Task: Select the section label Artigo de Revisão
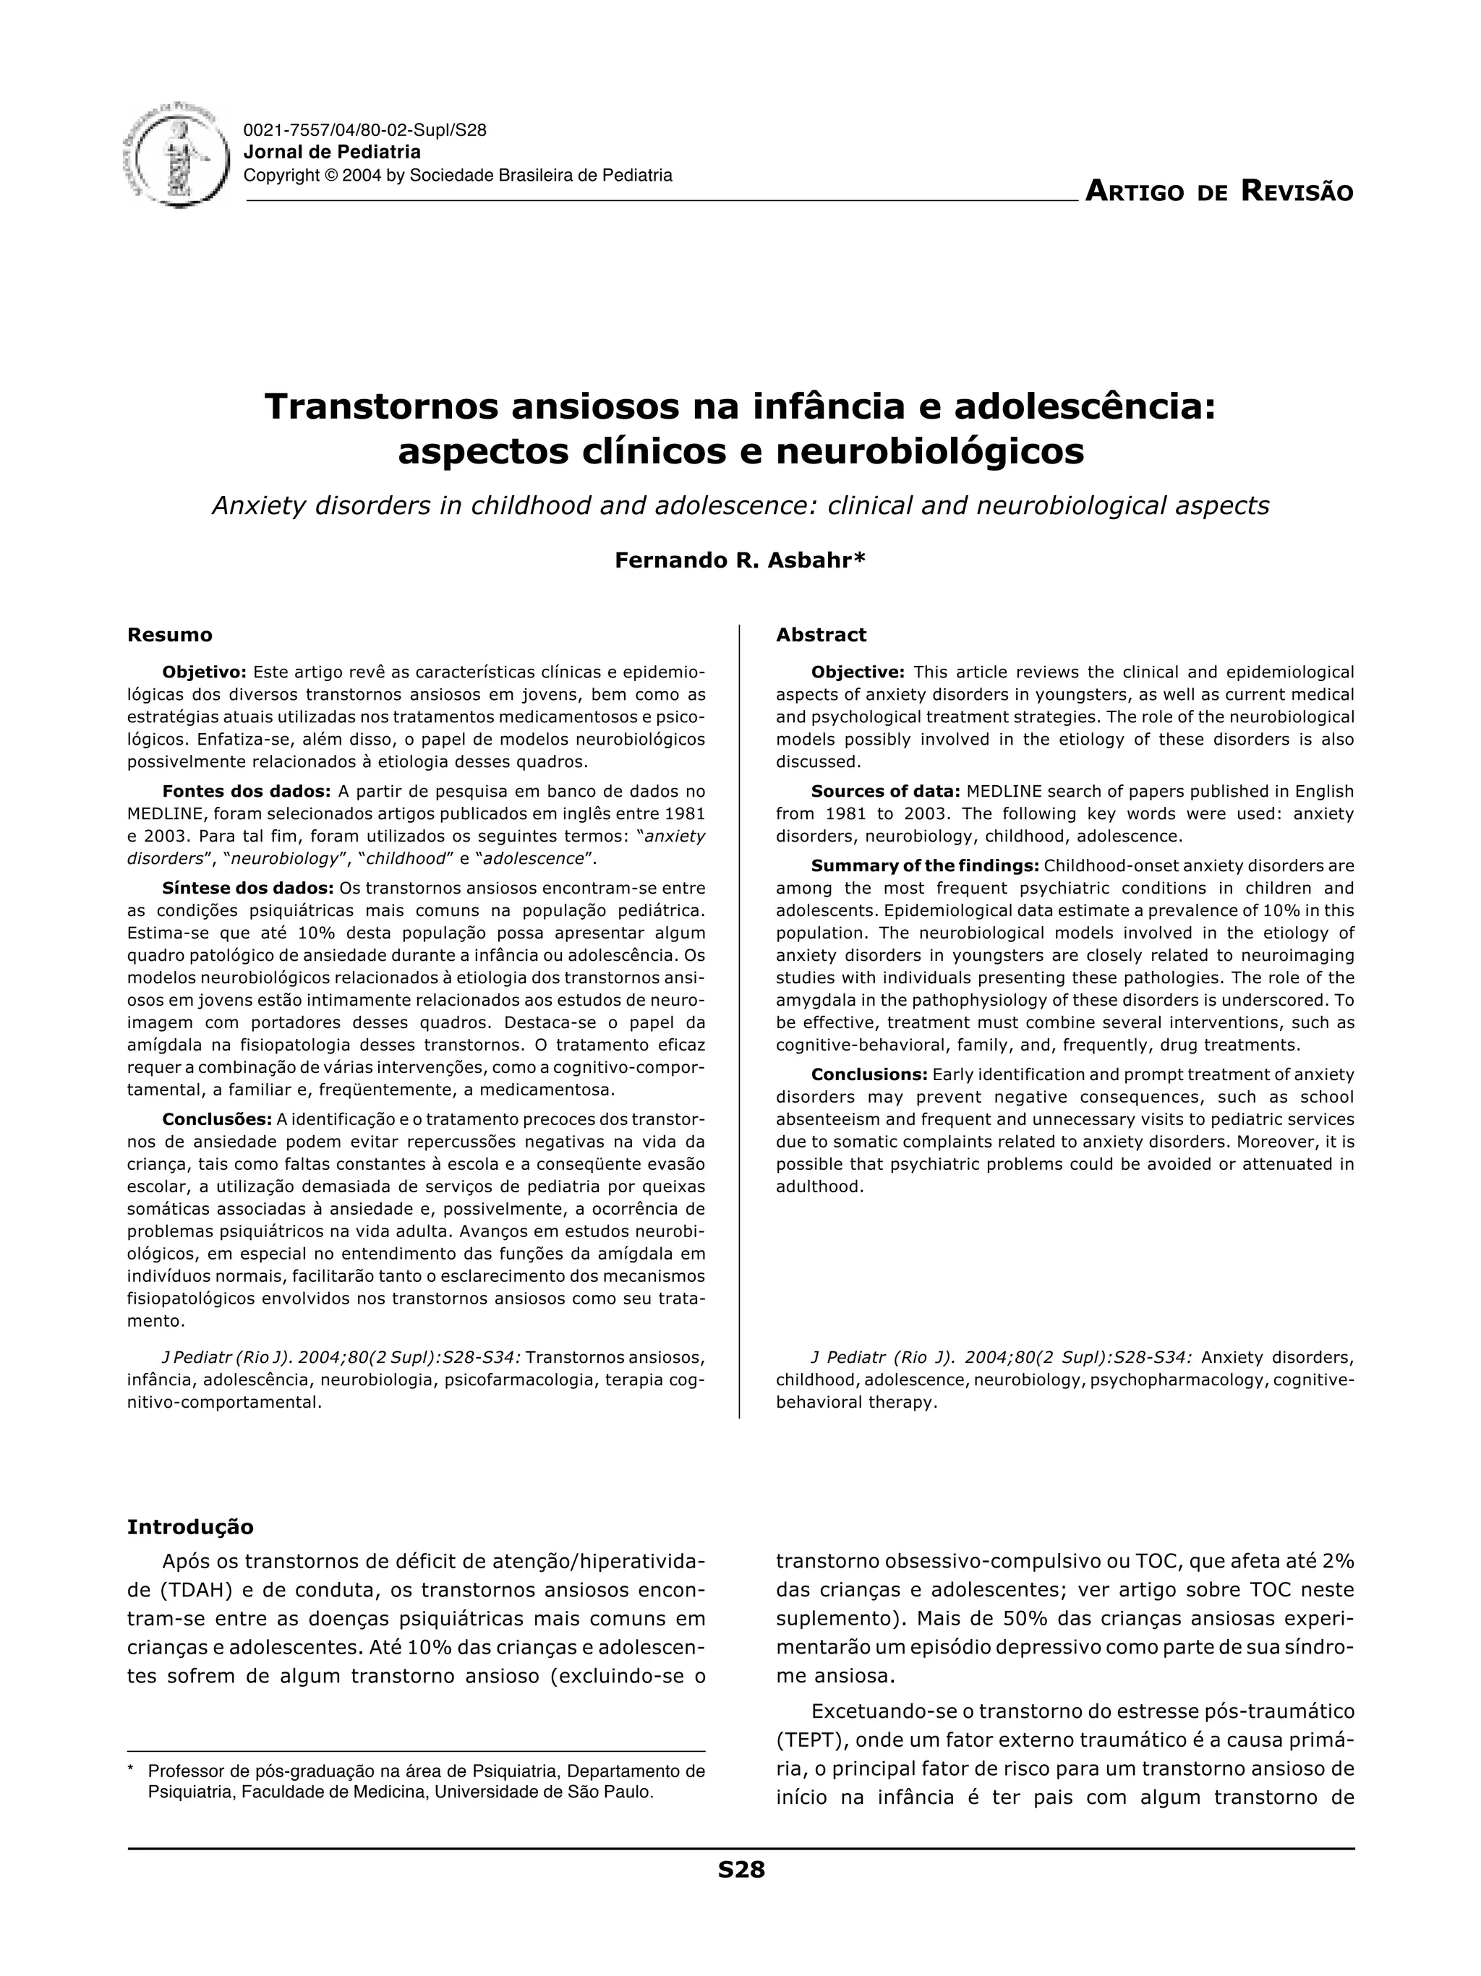[x=1218, y=191]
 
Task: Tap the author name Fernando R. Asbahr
[x=740, y=560]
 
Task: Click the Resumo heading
[x=170, y=635]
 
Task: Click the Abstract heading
[x=821, y=635]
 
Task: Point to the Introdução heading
[x=189, y=1527]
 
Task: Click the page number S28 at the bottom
[x=741, y=1870]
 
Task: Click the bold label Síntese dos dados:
[x=247, y=888]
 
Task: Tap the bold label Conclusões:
[x=217, y=1119]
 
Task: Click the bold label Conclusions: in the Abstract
[x=869, y=1074]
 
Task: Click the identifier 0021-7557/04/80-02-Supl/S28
[x=364, y=130]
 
